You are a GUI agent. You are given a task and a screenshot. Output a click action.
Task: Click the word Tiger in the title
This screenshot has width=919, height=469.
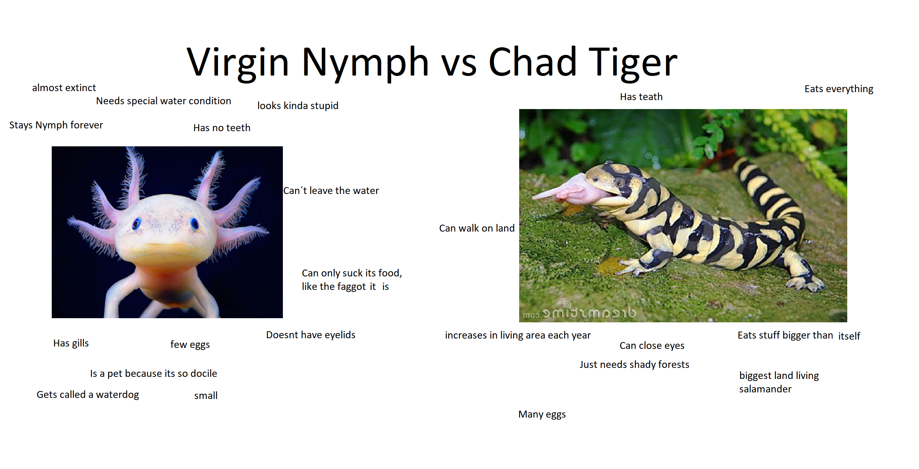point(633,62)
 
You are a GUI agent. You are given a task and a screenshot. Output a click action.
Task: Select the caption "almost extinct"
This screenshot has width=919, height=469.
point(64,88)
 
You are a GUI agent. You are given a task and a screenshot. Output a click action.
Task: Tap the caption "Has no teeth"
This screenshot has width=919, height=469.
point(222,128)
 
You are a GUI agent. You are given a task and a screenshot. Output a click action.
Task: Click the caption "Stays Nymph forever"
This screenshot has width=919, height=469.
point(56,125)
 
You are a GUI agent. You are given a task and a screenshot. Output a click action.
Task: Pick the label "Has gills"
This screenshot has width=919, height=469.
point(71,343)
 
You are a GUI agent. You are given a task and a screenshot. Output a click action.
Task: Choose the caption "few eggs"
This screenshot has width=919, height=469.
point(190,345)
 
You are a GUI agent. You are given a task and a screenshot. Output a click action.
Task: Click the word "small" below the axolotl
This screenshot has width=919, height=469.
point(206,395)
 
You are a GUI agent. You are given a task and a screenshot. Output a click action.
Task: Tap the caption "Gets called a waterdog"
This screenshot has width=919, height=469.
point(88,395)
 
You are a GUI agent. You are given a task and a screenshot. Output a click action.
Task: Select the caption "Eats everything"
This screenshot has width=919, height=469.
point(839,89)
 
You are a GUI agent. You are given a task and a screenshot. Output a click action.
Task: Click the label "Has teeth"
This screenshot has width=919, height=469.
point(641,97)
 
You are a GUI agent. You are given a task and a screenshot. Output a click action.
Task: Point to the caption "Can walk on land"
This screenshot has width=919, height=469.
point(477,228)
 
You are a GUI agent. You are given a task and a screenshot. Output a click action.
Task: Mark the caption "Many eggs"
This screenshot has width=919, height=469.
point(542,414)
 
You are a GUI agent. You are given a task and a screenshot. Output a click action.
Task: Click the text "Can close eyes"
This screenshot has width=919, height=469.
point(652,346)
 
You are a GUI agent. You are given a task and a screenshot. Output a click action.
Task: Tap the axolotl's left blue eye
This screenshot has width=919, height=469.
point(136,223)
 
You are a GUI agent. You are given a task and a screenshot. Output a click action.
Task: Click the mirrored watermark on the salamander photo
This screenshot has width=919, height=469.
point(579,313)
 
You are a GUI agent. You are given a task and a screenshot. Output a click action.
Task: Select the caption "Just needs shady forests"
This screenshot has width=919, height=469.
point(634,364)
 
